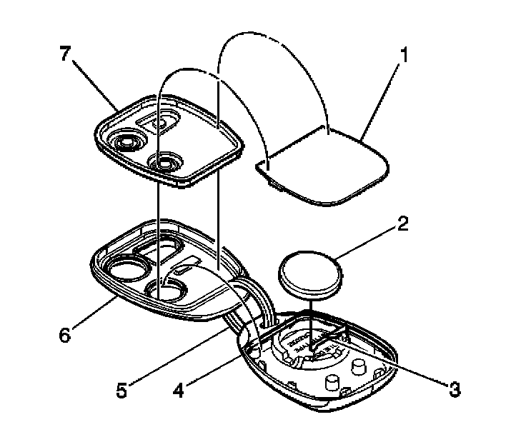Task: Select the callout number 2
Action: coord(403,225)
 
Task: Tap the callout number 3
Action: coord(452,389)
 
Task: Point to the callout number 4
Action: coord(180,391)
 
